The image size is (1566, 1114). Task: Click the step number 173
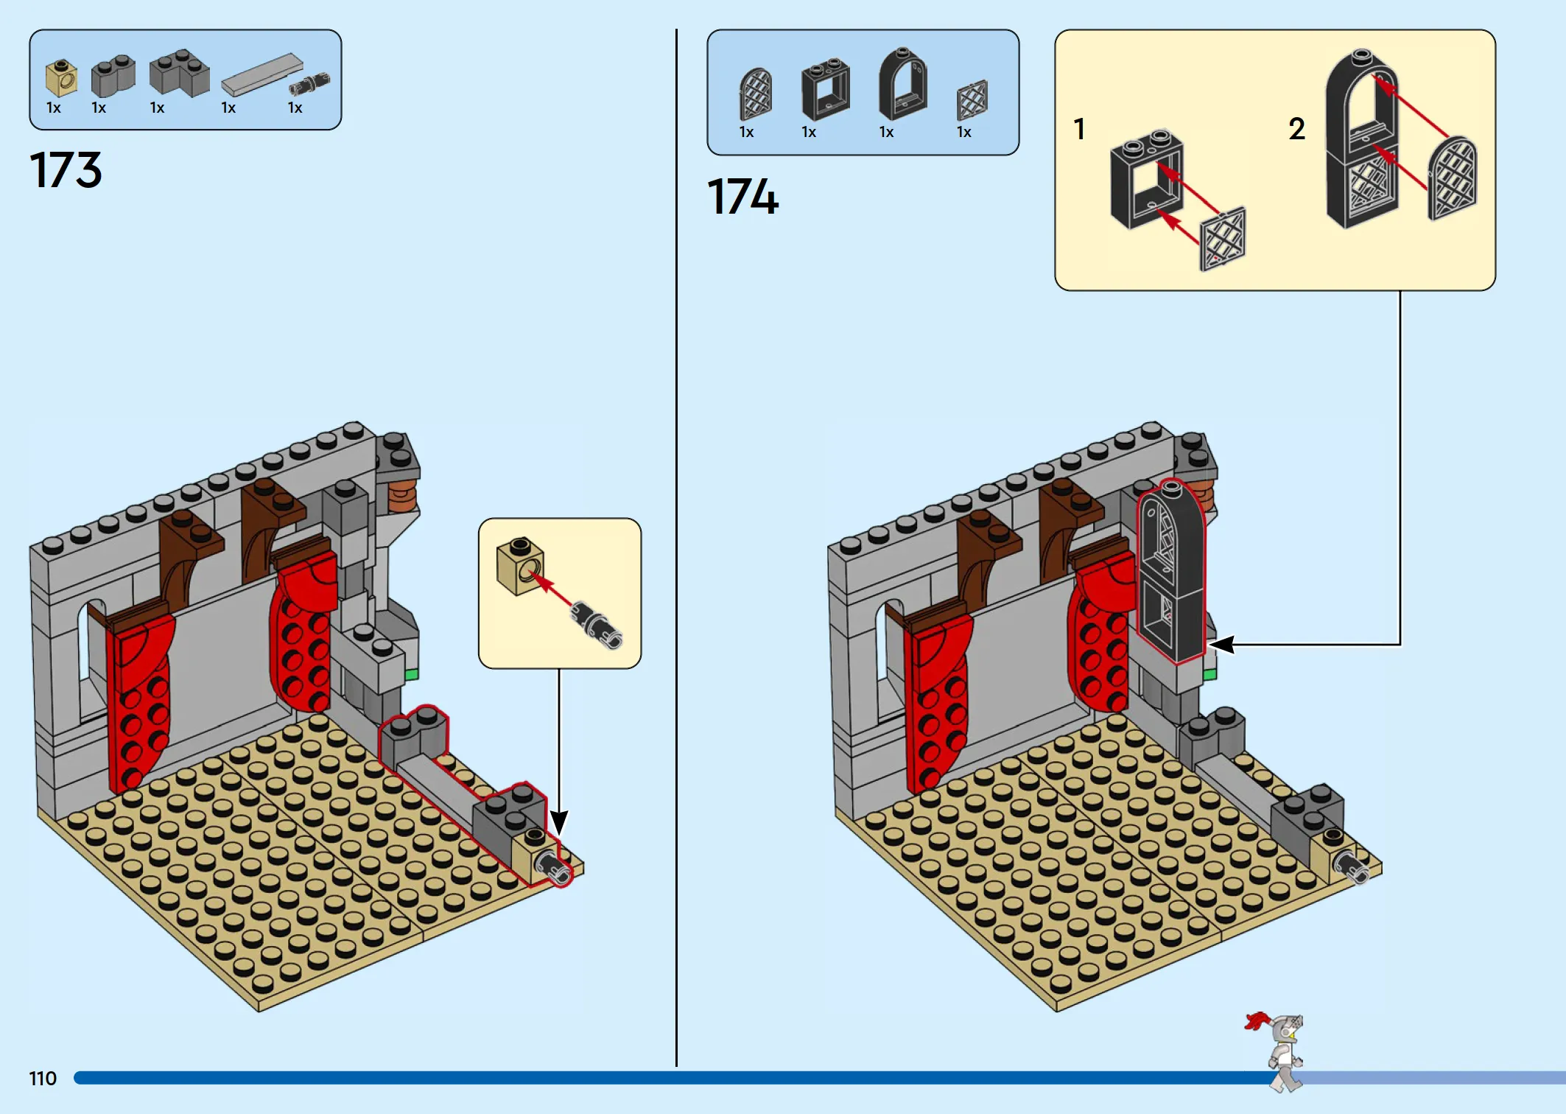click(x=66, y=170)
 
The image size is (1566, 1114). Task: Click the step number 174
click(x=742, y=197)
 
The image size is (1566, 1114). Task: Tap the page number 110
click(x=43, y=1079)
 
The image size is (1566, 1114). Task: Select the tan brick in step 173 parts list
click(x=61, y=78)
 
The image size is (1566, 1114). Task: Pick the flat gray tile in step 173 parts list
click(x=262, y=75)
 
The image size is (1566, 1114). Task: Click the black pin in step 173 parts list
click(x=309, y=84)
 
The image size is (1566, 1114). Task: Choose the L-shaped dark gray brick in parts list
click(x=179, y=73)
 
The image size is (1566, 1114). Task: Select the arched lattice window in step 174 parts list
click(x=755, y=94)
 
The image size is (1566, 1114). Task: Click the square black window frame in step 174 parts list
click(x=825, y=90)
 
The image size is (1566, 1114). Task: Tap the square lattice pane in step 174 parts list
click(x=972, y=100)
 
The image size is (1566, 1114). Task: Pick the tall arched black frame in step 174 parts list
click(x=902, y=83)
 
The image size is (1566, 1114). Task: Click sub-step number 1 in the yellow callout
click(x=1079, y=129)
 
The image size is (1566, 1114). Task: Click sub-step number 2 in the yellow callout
click(x=1297, y=129)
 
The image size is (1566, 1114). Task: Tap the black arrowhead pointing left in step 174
click(x=1221, y=645)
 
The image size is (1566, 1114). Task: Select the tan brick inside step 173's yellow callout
click(x=520, y=566)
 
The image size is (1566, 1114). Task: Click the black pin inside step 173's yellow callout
click(x=596, y=626)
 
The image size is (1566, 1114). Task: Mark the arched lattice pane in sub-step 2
click(x=1452, y=178)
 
